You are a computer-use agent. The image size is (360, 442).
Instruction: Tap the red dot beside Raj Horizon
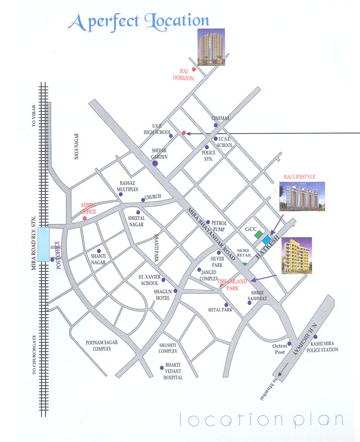point(194,69)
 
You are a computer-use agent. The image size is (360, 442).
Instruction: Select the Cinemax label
point(220,118)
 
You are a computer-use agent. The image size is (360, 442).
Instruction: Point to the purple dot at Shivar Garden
point(155,163)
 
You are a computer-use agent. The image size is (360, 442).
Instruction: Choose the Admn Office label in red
point(88,208)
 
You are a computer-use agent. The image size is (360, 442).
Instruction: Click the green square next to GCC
point(258,234)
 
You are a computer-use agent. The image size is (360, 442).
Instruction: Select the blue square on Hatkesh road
point(266,239)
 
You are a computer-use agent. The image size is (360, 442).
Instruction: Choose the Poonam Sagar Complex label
point(99,346)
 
